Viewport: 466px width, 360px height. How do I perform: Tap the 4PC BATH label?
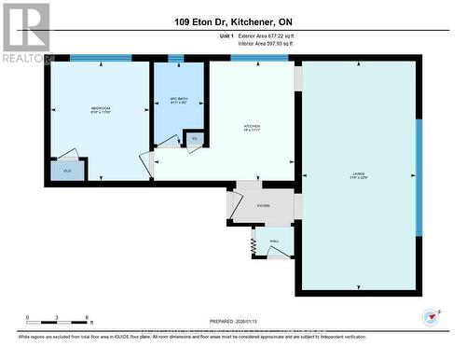[179, 101]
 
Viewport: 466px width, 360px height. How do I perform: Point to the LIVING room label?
[358, 175]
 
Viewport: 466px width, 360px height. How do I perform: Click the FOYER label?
[264, 206]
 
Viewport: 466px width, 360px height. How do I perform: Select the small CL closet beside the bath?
[195, 140]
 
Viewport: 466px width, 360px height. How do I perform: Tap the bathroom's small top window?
[175, 59]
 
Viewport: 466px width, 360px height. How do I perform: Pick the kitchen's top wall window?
[258, 58]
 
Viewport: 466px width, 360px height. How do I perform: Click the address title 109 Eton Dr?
[232, 21]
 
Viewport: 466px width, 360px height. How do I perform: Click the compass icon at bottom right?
[430, 317]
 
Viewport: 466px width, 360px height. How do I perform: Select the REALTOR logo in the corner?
[26, 32]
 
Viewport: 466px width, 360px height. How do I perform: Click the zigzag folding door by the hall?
[253, 244]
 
